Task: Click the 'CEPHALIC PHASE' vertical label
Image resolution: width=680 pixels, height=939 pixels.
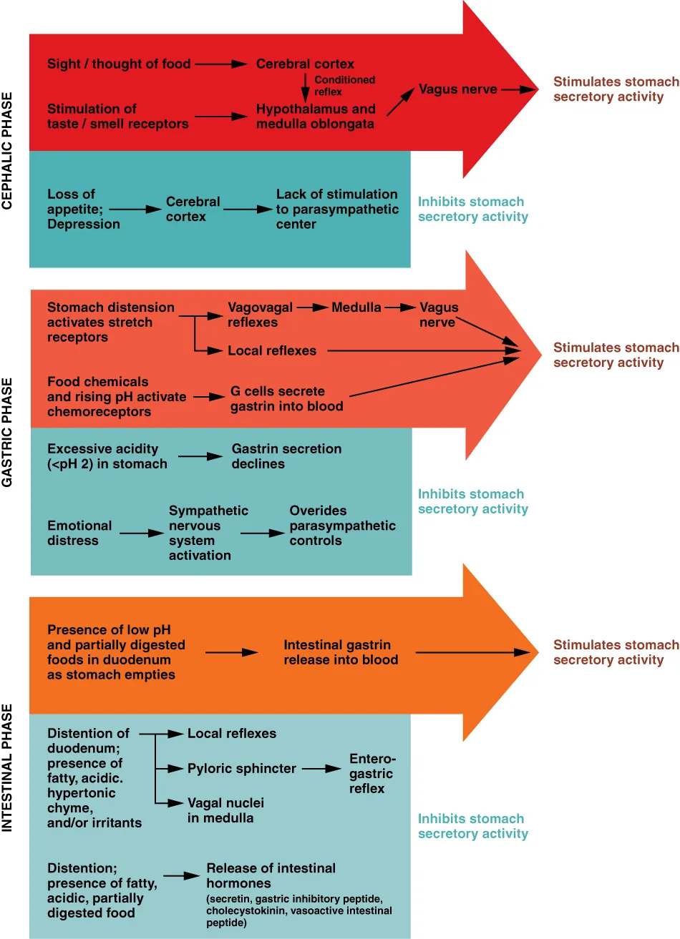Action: [x=7, y=150]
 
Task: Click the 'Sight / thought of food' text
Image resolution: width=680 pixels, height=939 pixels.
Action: [x=119, y=64]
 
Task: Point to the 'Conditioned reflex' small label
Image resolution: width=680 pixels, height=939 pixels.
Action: [x=344, y=86]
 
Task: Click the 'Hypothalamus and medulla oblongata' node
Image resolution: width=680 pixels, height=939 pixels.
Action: [x=316, y=116]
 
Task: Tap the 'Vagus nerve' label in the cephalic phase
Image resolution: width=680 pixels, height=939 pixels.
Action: [x=457, y=89]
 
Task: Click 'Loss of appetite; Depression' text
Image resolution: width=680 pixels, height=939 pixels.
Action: [x=83, y=209]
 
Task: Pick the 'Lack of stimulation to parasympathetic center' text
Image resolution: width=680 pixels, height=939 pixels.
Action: [x=336, y=209]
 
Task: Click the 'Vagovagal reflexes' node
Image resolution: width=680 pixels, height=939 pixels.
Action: [x=260, y=315]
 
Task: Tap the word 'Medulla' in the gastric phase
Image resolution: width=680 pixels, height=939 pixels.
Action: [x=356, y=308]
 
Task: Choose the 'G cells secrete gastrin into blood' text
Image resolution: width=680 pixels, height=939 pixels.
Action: [x=286, y=398]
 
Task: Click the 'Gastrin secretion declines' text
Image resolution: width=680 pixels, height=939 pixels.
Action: [x=286, y=456]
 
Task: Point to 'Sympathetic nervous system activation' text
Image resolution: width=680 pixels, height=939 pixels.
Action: [x=208, y=533]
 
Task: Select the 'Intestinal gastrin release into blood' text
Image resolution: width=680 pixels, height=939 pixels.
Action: [x=340, y=652]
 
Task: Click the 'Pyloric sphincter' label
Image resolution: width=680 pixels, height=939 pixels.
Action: [x=241, y=769]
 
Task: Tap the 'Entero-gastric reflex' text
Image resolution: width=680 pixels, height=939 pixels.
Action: [x=371, y=773]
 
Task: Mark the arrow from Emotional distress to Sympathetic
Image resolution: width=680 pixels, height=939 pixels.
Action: [x=142, y=534]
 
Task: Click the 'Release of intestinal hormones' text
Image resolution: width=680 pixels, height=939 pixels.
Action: [x=271, y=875]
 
